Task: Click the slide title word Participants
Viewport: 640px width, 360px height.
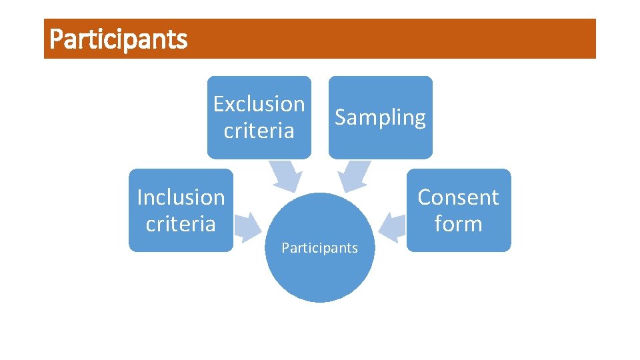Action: click(x=119, y=39)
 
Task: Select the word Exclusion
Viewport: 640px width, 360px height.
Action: click(x=259, y=104)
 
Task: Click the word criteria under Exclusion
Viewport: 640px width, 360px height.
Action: click(x=259, y=131)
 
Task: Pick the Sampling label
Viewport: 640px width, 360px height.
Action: click(x=380, y=117)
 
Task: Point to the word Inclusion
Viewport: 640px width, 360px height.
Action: click(x=181, y=197)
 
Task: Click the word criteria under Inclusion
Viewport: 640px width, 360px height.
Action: click(x=181, y=224)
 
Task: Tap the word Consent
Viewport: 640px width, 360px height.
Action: click(x=458, y=197)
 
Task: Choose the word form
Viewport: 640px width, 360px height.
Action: click(x=458, y=224)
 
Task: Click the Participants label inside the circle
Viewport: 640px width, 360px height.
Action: click(x=320, y=248)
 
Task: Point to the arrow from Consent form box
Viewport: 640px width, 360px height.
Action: click(x=394, y=223)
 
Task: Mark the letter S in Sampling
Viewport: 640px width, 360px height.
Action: click(x=341, y=117)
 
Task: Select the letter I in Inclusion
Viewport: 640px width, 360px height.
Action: click(x=139, y=197)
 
